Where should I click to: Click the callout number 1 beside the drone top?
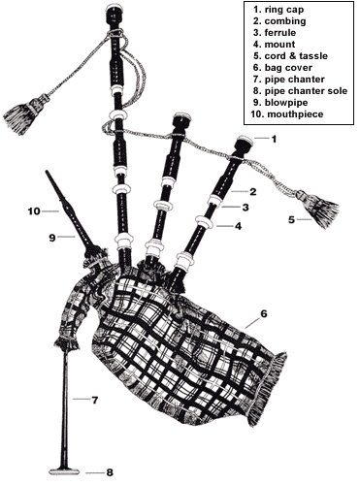[x=274, y=139]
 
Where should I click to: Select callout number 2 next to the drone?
[x=252, y=191]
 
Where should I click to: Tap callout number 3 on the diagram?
[x=246, y=208]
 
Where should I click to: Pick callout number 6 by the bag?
[x=263, y=314]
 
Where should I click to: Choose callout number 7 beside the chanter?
[x=95, y=400]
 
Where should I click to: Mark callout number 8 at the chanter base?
[x=109, y=472]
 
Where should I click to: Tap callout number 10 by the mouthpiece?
[x=31, y=210]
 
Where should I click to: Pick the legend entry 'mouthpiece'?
[x=292, y=116]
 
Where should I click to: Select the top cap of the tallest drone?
[x=115, y=12]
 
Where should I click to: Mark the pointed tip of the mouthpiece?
[x=48, y=174]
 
